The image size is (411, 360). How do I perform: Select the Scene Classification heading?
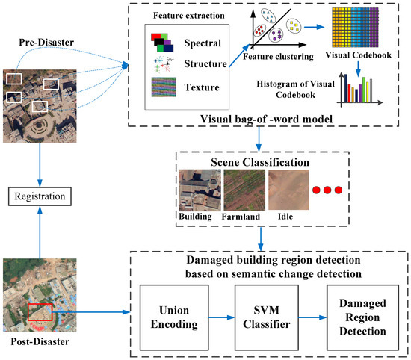256,161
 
